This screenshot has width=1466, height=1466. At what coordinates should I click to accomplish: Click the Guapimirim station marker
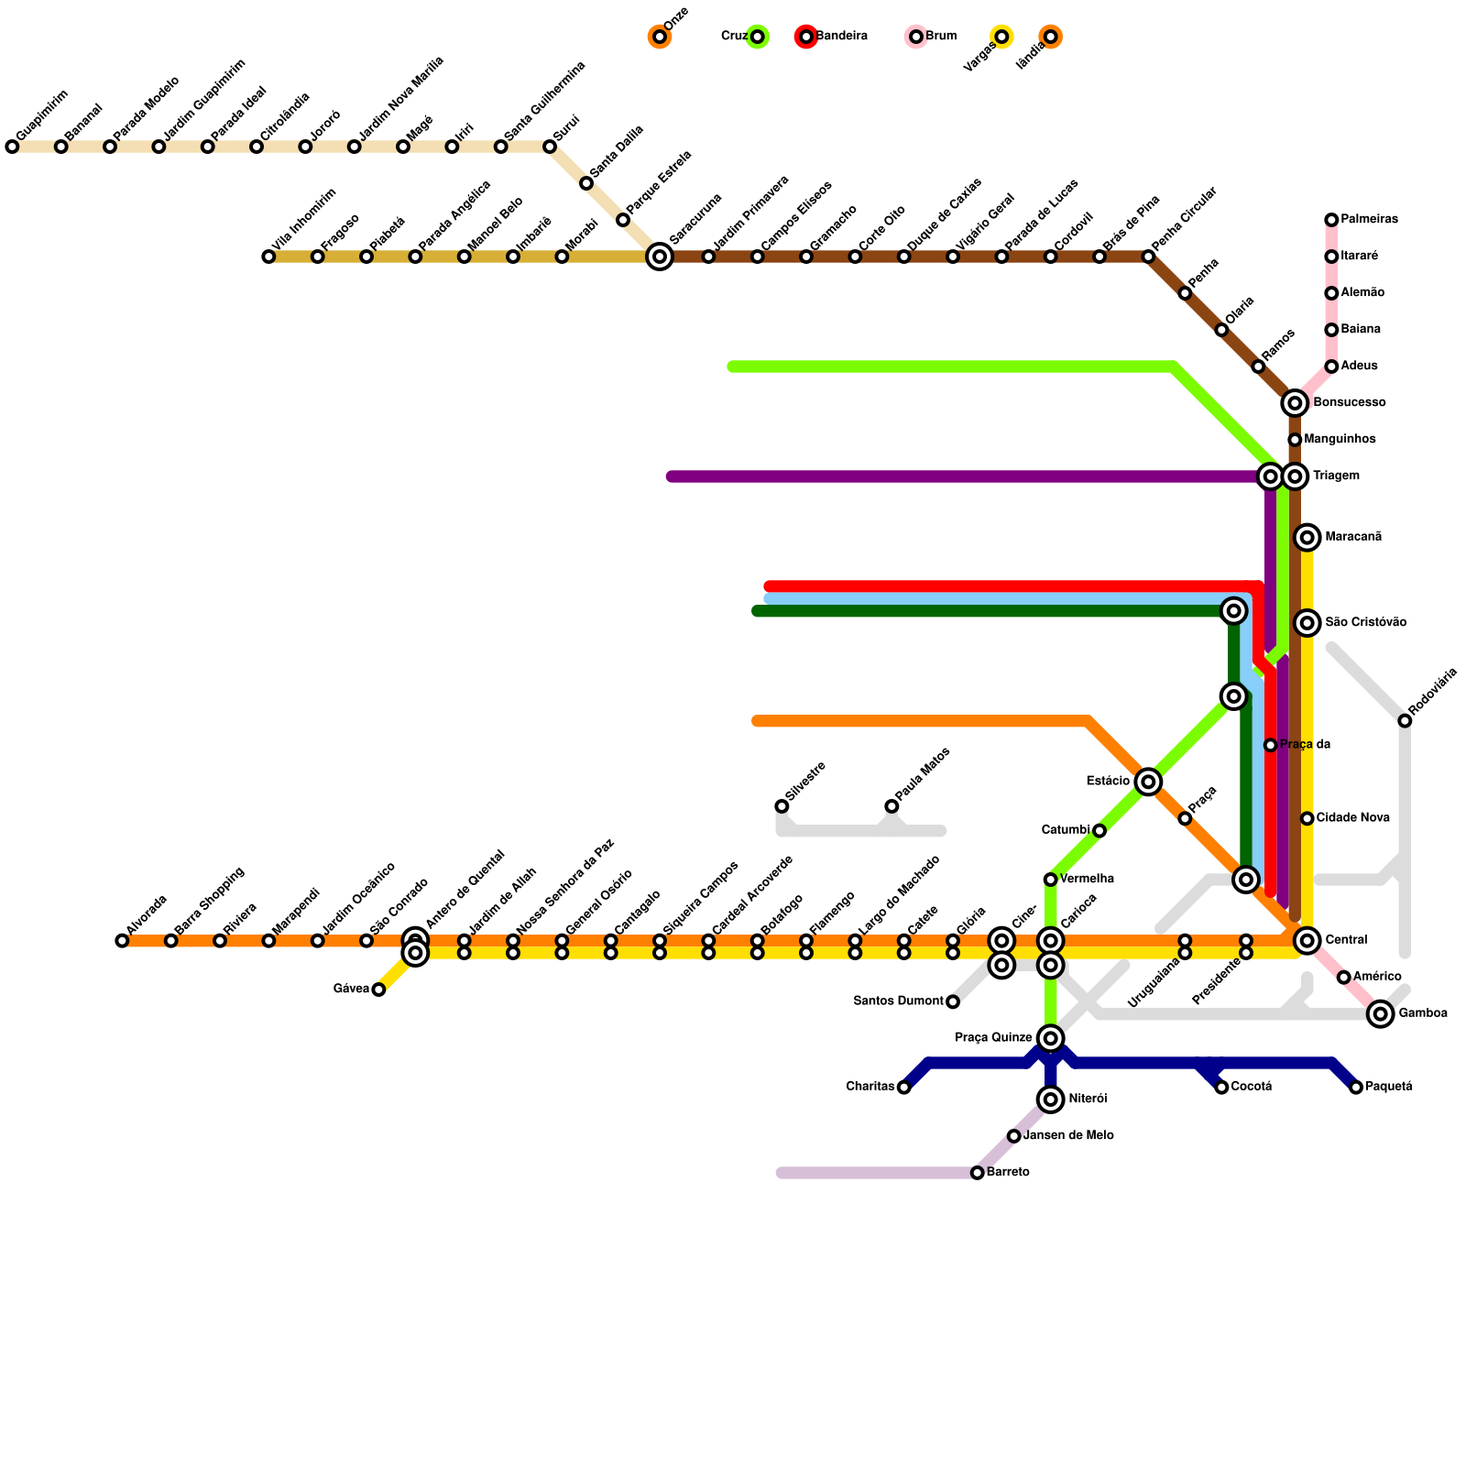pos(12,147)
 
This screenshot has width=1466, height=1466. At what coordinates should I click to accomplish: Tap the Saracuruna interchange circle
pos(660,257)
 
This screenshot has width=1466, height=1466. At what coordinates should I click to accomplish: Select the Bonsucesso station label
pos(1349,403)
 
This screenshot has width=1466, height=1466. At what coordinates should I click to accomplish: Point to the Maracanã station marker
pos(1307,537)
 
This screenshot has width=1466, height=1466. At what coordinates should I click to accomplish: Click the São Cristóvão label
pos(1365,623)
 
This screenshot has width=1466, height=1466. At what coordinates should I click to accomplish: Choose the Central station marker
pos(1307,940)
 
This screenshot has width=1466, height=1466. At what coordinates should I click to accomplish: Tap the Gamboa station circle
pos(1381,1013)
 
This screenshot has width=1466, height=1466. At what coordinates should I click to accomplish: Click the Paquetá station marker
pos(1356,1088)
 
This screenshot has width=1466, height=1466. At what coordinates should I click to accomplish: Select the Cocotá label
pos(1251,1088)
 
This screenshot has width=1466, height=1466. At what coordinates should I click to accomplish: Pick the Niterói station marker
pos(1051,1099)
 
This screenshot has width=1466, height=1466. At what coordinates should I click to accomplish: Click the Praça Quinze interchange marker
pos(1051,1038)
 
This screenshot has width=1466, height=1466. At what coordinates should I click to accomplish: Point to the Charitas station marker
pos(904,1088)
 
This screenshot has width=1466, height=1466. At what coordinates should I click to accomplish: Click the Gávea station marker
pos(378,990)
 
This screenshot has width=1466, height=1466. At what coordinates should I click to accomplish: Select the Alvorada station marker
pos(122,940)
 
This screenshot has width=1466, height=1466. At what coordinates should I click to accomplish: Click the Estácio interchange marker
pos(1148,782)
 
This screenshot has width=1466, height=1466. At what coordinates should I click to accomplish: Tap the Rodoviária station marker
pos(1405,721)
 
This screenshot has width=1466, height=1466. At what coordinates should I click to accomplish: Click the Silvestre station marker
pos(782,806)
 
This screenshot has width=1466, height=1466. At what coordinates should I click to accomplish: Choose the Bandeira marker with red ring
pos(806,37)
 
